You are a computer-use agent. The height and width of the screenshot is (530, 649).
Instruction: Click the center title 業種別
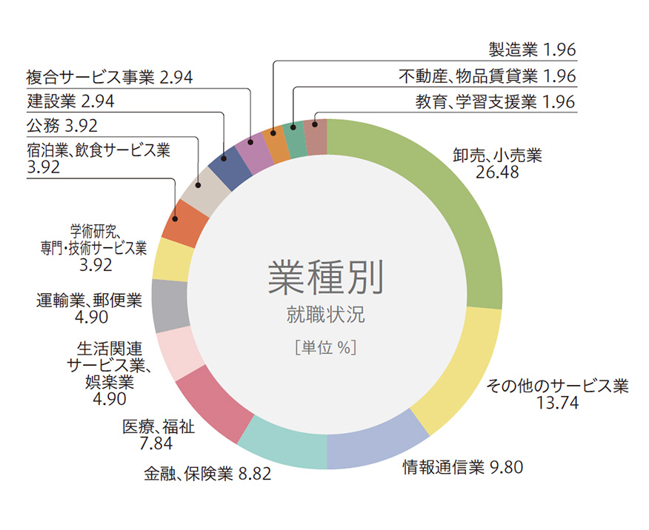pos(326,278)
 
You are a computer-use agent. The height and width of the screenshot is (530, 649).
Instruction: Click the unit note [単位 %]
pos(326,346)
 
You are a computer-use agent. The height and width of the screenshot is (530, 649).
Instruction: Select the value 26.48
pos(498,173)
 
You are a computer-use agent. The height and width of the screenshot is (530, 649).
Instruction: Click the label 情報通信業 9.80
pos(463,467)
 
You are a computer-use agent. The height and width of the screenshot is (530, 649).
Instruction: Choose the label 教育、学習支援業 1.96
pos(495,102)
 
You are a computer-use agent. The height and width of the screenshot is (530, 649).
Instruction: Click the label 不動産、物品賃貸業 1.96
pos(486,76)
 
